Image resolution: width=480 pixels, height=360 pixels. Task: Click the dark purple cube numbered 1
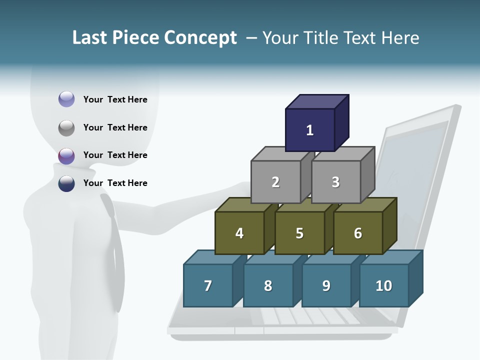(310, 130)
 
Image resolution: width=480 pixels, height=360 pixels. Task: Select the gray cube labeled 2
(275, 182)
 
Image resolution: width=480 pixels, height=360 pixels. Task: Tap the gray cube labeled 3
(335, 182)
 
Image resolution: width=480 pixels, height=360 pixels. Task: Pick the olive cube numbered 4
(239, 233)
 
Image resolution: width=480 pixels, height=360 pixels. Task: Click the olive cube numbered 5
(299, 233)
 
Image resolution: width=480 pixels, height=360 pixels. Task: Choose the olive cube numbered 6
(358, 233)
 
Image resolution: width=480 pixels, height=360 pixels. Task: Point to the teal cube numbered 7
(208, 286)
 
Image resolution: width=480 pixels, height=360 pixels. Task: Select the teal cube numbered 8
(268, 286)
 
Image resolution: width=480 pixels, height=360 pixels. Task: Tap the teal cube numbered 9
(326, 286)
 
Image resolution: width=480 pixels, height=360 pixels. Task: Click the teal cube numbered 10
(384, 286)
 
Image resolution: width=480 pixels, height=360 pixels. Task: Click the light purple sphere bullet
(66, 99)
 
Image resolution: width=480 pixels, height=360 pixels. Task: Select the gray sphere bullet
(66, 127)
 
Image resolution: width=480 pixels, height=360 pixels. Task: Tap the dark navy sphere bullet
(66, 183)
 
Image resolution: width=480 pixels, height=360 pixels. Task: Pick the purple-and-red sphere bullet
(66, 155)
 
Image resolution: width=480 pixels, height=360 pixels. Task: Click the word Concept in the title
(200, 38)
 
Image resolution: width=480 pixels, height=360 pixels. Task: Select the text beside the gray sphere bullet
(115, 127)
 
